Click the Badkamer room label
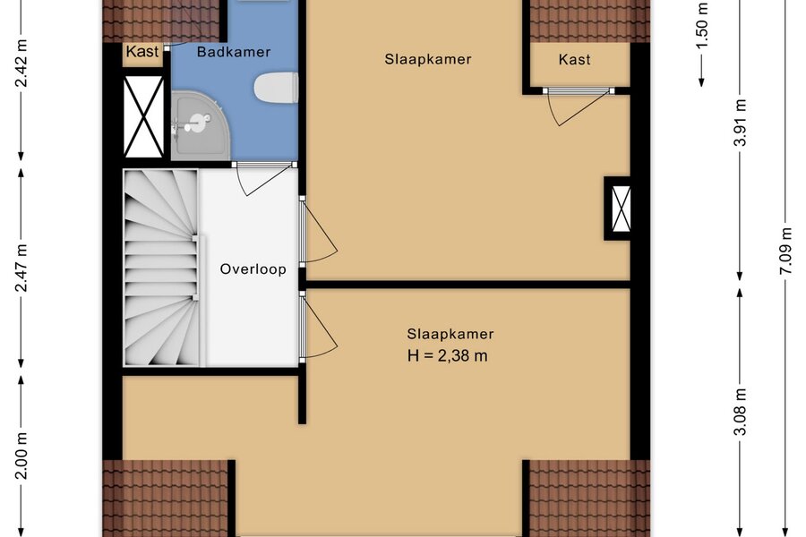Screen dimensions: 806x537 pos(234,52)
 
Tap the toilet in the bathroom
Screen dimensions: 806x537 pos(276,88)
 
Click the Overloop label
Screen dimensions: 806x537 pos(253,269)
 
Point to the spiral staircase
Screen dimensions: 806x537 pos(161,268)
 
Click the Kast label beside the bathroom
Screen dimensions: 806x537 pos(142,52)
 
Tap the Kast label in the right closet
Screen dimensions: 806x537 pos(574,60)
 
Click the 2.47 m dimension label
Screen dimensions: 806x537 pos(21,268)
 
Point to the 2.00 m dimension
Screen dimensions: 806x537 pos(21,456)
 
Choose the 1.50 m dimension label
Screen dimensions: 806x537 pos(702,25)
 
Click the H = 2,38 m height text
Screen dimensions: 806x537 pos(447,355)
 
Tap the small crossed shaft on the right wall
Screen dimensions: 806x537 pos(621,209)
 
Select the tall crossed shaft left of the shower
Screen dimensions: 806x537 pos(144,116)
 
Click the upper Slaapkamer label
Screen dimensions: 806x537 pos(428,59)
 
